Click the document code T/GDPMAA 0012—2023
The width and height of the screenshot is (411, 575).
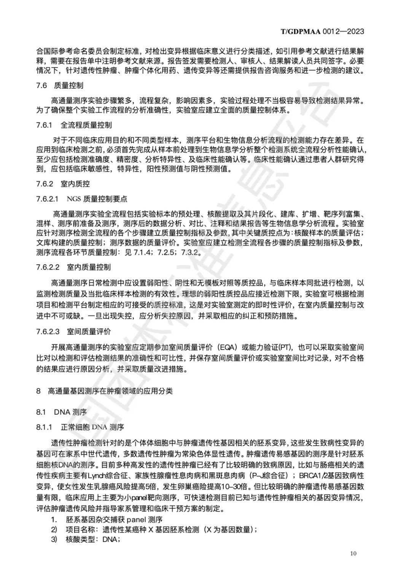[x=322, y=31]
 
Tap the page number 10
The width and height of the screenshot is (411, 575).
[x=353, y=553]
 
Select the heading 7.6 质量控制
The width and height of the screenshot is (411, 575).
[x=60, y=85]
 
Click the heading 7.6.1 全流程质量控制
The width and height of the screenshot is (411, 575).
[x=74, y=125]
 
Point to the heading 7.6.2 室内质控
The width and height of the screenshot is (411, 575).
[x=63, y=184]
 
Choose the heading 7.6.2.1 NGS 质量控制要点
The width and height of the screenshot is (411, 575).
[x=81, y=199]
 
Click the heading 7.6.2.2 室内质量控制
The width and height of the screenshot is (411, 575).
[x=73, y=267]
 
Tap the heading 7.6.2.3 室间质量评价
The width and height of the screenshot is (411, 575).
[x=73, y=331]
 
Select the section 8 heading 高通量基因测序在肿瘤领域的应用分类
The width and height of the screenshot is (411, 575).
[x=104, y=391]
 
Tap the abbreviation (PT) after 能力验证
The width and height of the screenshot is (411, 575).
[x=284, y=347]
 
